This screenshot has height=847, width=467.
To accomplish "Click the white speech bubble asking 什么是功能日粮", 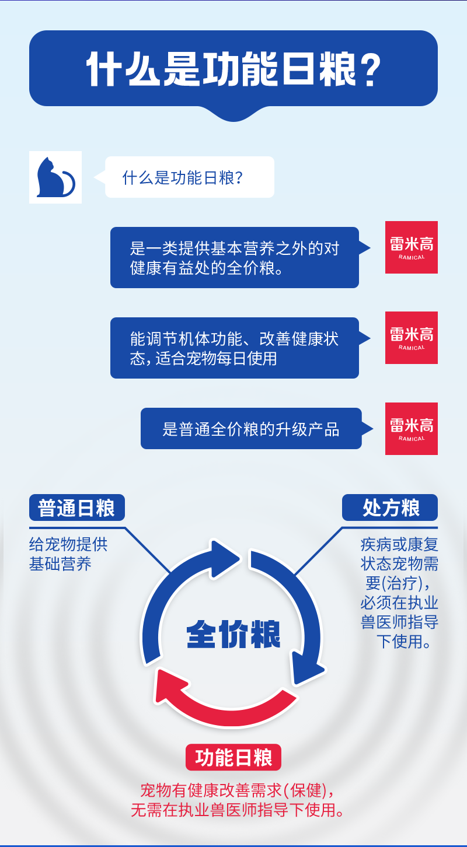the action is click(189, 177).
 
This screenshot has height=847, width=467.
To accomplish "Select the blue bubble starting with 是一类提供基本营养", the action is click(234, 257).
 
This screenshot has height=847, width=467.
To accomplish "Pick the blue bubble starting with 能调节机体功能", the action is click(234, 348).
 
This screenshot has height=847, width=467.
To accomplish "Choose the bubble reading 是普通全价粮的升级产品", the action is click(251, 429).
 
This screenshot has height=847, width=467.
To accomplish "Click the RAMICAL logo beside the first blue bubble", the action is click(412, 247).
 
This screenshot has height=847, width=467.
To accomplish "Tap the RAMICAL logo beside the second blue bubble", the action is click(412, 338).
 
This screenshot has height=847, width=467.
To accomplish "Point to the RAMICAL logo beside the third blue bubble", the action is click(412, 429).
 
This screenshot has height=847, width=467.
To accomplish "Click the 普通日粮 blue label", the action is click(76, 508).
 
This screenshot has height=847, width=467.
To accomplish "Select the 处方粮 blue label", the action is click(390, 508).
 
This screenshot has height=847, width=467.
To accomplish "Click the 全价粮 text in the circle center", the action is click(233, 633).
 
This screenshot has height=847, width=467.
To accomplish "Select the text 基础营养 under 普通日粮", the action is click(60, 564).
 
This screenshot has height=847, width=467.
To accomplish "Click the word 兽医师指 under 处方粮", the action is click(390, 621).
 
